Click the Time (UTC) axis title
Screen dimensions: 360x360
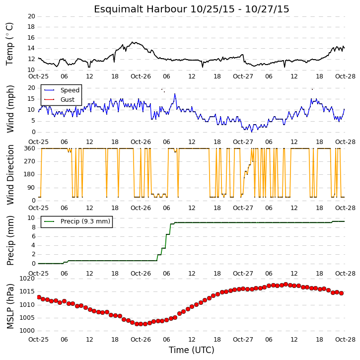(x=192, y=350)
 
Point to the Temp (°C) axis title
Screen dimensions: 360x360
(x=9, y=44)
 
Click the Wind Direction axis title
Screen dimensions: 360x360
(x=10, y=175)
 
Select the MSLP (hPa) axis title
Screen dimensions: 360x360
(x=10, y=306)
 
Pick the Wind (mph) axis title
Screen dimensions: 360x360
(x=10, y=109)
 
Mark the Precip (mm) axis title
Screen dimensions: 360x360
(x=10, y=241)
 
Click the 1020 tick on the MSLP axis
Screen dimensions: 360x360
(x=27, y=279)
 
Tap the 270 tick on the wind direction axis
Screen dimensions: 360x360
(x=30, y=161)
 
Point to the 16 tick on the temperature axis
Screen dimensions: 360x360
(x=31, y=38)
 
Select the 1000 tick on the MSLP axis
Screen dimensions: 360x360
(x=27, y=331)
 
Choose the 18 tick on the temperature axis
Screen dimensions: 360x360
(x=31, y=27)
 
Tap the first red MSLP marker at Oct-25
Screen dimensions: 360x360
(x=39, y=297)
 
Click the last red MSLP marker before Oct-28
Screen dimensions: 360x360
(x=342, y=293)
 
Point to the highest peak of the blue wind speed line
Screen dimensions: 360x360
(x=175, y=94)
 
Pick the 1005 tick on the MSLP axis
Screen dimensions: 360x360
(x=27, y=318)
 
